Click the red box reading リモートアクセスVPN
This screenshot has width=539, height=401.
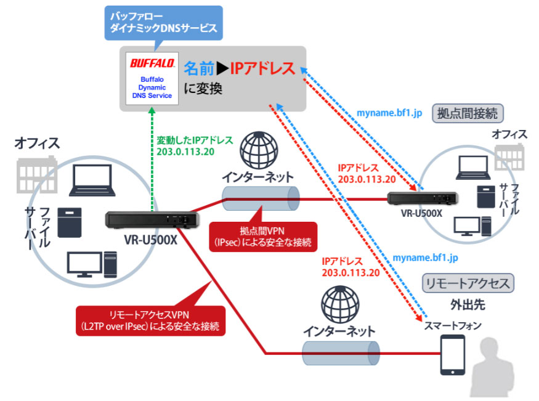(x=151, y=318)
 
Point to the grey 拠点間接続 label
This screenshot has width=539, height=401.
(x=469, y=113)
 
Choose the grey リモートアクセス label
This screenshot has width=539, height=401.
(x=468, y=283)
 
